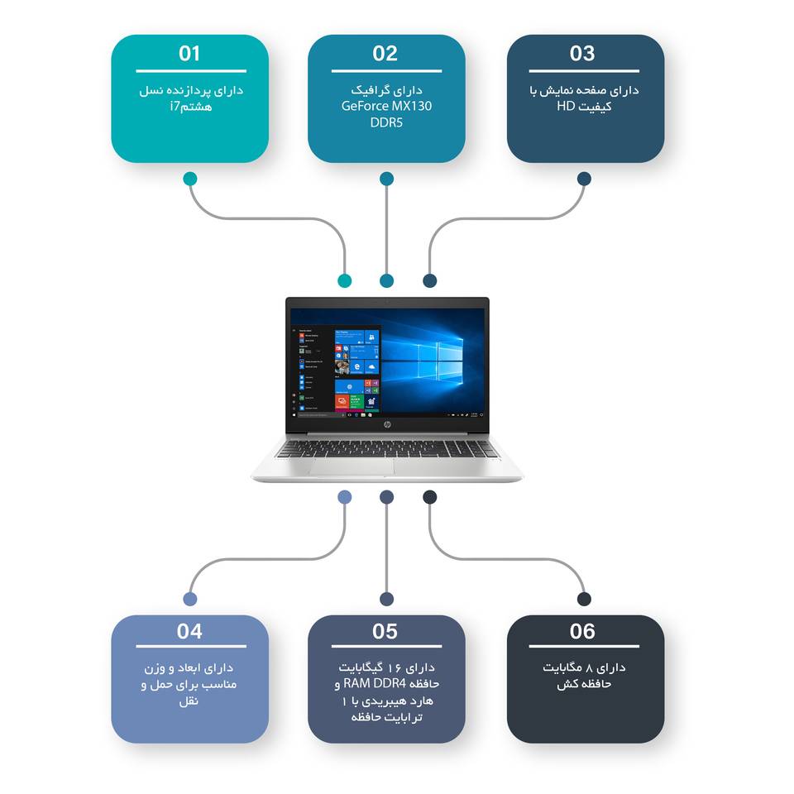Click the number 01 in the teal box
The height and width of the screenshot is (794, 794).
pos(189,54)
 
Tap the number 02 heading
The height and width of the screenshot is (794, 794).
pos(385,54)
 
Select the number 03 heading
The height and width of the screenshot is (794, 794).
pos(582,54)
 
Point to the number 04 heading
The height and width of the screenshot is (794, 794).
pos(189,632)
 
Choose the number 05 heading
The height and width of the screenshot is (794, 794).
pos(385,632)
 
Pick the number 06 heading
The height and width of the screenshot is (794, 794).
pos(582,632)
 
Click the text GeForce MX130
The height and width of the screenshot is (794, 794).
pos(386,106)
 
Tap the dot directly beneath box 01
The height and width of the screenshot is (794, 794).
pos(190,179)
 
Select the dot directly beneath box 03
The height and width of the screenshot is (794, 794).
pos(584,179)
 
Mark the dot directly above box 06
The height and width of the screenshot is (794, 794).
pos(584,599)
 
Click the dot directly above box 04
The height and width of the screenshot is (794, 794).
pos(190,599)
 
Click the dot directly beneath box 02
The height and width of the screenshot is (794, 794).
pos(386,179)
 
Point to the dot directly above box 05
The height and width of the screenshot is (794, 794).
pos(386,599)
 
